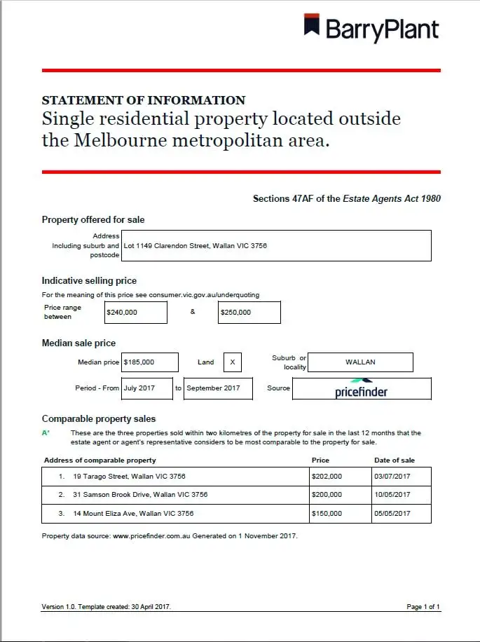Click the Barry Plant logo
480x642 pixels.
pyautogui.click(x=371, y=28)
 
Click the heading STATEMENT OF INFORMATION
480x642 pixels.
pyautogui.click(x=144, y=100)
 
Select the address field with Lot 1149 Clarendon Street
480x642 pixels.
pyautogui.click(x=276, y=246)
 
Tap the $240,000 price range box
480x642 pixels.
pyautogui.click(x=136, y=313)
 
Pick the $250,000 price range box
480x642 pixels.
pyautogui.click(x=249, y=313)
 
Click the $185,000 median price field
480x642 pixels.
pyautogui.click(x=150, y=362)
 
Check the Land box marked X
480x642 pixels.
pyautogui.click(x=233, y=362)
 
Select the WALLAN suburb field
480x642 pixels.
pyautogui.click(x=360, y=362)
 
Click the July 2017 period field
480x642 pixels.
pyautogui.click(x=147, y=388)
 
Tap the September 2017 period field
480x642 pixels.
pyautogui.click(x=218, y=388)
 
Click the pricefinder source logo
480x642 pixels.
pyautogui.click(x=362, y=389)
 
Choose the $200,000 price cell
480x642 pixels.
pyautogui.click(x=340, y=495)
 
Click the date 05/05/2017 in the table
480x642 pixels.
pyautogui.click(x=401, y=514)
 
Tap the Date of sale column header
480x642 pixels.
pyautogui.click(x=394, y=460)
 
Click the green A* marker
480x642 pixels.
pyautogui.click(x=46, y=433)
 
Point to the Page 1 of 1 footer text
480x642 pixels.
pyautogui.click(x=423, y=607)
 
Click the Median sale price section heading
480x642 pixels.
pyautogui.click(x=78, y=343)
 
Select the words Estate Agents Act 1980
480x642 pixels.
pyautogui.click(x=392, y=199)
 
